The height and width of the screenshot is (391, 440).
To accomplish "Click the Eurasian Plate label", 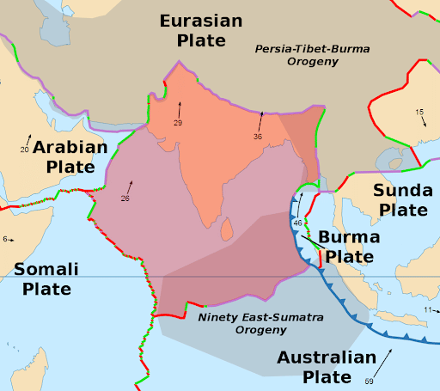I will click(x=200, y=30).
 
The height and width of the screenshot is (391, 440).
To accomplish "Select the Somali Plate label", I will click(x=46, y=278).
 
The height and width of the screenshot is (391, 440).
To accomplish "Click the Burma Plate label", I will click(x=345, y=247).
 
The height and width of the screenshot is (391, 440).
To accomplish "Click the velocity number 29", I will click(x=178, y=123).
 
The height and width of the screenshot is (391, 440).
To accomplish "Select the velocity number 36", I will click(x=258, y=136).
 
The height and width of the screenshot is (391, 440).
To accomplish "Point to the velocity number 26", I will click(x=125, y=199).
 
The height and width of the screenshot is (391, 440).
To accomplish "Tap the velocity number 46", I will click(x=297, y=223).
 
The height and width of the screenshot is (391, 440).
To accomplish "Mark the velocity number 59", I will click(x=370, y=381).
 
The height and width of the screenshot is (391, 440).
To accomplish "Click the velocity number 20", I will click(x=24, y=150).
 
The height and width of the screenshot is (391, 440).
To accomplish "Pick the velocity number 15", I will click(x=419, y=113).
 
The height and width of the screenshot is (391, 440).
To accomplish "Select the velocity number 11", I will click(x=427, y=309).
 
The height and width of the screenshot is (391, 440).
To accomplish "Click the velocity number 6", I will click(x=5, y=239).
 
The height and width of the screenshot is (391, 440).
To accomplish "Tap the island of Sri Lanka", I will click(x=227, y=229).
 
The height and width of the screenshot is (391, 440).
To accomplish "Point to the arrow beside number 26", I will click(x=131, y=186).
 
